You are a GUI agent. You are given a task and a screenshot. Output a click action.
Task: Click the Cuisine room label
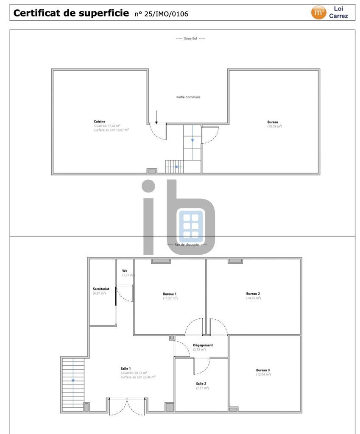click(x=99, y=121)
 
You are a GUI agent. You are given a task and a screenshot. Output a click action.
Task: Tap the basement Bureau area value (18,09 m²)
click(x=274, y=126)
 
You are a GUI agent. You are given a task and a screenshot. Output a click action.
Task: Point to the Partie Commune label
click(x=188, y=97)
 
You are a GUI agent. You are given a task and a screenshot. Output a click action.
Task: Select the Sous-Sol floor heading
click(x=190, y=39)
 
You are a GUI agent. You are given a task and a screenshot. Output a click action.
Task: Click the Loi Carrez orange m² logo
click(x=318, y=13)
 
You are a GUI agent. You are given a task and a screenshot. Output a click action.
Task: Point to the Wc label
click(x=125, y=270)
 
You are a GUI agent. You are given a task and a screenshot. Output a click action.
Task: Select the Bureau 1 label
click(x=170, y=294)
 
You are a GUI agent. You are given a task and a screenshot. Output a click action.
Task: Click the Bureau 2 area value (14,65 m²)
click(x=253, y=298)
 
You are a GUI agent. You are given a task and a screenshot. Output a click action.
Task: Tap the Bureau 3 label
click(x=263, y=370)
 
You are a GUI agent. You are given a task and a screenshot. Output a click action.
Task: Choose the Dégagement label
click(x=203, y=345)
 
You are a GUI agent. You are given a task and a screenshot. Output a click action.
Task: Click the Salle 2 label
click(x=202, y=384)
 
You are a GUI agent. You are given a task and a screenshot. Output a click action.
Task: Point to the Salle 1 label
click(x=126, y=368)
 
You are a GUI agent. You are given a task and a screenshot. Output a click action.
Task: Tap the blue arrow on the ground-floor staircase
click(x=73, y=380)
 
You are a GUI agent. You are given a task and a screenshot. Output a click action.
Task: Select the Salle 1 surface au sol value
click(x=138, y=377)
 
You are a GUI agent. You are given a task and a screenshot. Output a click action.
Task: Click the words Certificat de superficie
click(x=71, y=13)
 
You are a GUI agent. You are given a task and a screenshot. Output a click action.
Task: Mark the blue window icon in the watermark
click(x=191, y=225)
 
